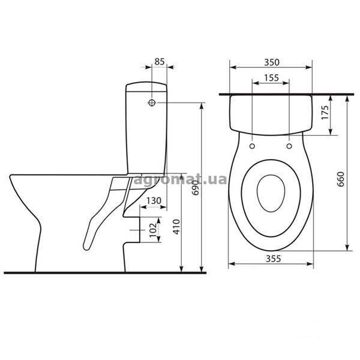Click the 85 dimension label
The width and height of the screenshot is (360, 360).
click(160, 62)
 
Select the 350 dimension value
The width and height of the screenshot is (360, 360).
click(272, 62)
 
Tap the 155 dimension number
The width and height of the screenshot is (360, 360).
click(271, 78)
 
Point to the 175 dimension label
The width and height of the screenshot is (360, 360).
click(325, 113)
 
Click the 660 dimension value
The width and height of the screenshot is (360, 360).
click(341, 179)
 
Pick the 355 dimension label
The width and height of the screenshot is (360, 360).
click(273, 259)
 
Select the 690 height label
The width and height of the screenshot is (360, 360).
click(195, 188)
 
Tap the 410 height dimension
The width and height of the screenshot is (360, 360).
click(176, 227)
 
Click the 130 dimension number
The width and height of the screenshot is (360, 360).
click(154, 200)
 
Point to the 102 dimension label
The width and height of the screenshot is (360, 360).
click(153, 230)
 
